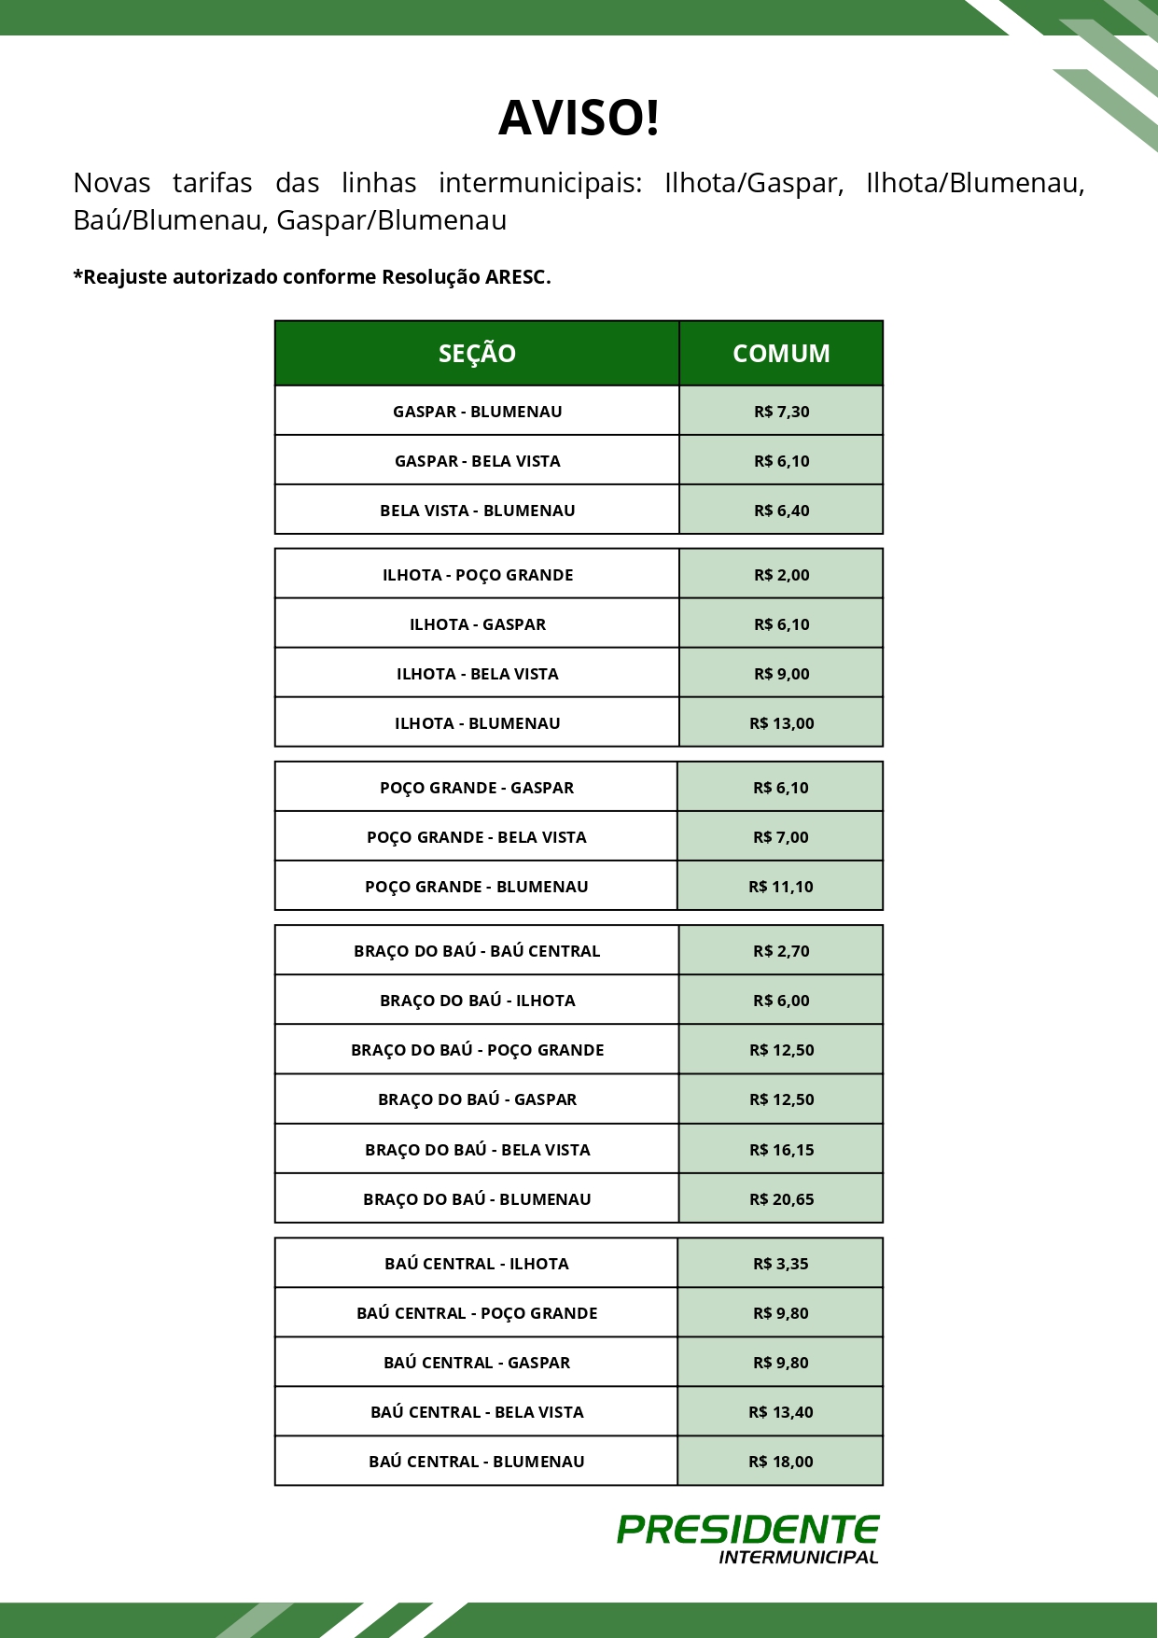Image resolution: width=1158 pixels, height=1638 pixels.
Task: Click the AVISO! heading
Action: tap(579, 119)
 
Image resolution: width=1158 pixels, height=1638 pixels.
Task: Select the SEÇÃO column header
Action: tap(477, 354)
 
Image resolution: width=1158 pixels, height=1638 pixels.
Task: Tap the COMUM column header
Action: tap(781, 354)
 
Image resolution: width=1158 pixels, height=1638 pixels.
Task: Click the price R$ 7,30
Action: tap(781, 412)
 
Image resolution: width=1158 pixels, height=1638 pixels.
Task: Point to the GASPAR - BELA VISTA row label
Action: tap(477, 461)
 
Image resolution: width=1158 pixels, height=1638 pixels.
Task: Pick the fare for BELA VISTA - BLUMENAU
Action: tap(781, 511)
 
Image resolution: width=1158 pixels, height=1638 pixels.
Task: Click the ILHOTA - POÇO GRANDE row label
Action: tap(477, 575)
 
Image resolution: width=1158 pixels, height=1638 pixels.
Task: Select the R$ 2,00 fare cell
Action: tap(781, 575)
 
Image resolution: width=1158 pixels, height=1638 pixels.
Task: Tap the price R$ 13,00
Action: tap(781, 723)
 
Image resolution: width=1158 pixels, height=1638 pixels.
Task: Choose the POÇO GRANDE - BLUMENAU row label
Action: tap(476, 887)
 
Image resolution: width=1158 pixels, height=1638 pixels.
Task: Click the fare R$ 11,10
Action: tap(780, 887)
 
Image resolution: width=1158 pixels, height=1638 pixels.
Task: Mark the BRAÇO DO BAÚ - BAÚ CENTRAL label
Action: tap(477, 951)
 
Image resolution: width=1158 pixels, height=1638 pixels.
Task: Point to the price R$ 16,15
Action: tap(781, 1150)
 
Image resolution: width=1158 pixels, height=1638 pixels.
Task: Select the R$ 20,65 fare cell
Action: tap(781, 1199)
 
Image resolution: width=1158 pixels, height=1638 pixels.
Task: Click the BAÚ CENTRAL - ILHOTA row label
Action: tap(476, 1264)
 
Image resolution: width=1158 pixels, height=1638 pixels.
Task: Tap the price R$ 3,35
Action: tap(780, 1264)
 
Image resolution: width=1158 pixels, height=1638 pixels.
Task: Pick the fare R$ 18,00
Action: tap(780, 1462)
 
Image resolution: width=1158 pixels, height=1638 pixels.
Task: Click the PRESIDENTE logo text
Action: tap(747, 1530)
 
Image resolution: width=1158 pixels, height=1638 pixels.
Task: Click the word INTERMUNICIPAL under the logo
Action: tap(798, 1557)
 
